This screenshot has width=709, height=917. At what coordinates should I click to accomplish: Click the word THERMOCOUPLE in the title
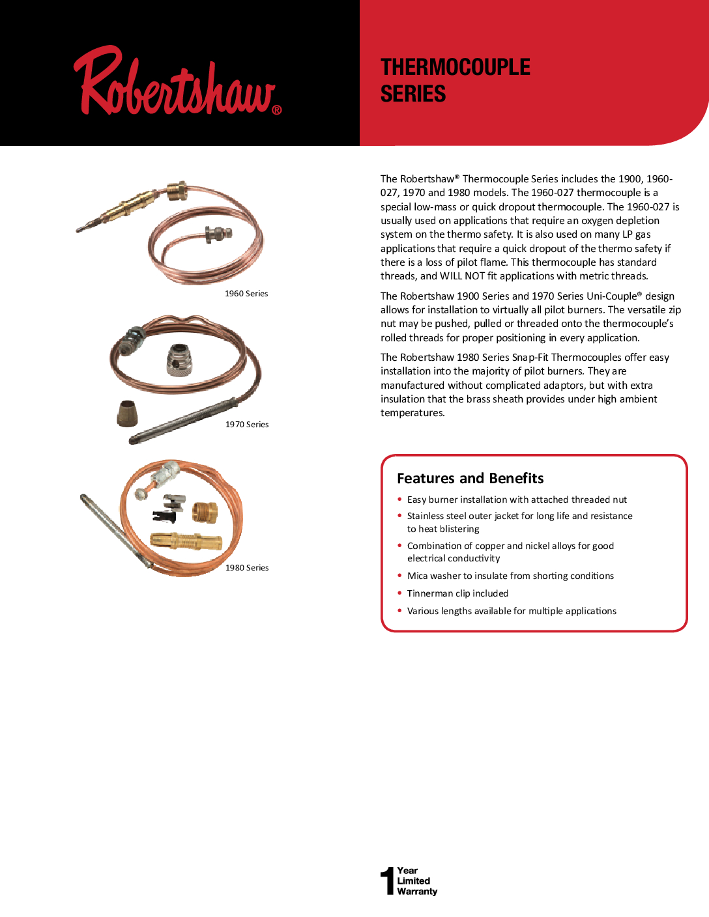456,67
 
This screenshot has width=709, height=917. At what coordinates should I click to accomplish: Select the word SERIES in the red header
413,94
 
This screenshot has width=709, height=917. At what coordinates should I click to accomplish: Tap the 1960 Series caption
246,294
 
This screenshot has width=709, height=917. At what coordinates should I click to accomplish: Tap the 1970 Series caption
247,425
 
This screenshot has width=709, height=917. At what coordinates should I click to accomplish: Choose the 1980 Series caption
247,568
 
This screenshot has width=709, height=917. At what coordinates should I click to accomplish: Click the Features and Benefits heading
470,479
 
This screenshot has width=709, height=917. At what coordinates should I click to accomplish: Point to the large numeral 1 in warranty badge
388,881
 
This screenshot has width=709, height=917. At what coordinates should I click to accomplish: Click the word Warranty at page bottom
417,892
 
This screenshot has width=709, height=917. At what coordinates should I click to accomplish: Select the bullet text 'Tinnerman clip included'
457,593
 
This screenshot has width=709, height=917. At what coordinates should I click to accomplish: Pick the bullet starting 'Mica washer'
510,576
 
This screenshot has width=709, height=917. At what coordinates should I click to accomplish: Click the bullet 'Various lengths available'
512,611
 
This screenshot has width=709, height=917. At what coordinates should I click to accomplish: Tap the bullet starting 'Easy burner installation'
517,500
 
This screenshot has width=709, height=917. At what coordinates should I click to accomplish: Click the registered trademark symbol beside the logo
277,110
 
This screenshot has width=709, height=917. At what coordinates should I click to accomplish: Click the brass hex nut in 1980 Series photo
205,511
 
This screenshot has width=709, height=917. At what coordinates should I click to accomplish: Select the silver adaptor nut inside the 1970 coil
179,360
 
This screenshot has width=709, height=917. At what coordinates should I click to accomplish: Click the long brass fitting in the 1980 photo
186,541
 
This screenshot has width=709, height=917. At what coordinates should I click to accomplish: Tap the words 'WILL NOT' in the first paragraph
462,276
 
